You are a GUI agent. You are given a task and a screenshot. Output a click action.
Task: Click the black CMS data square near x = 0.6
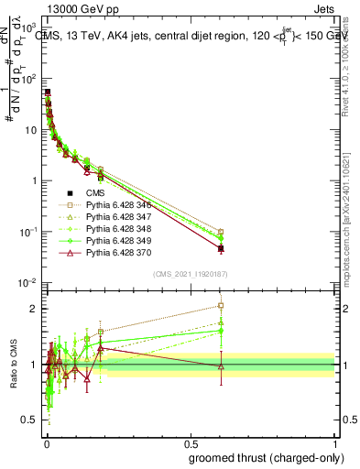click(x=221, y=248)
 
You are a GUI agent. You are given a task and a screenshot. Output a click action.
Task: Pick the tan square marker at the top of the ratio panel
click(x=221, y=306)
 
